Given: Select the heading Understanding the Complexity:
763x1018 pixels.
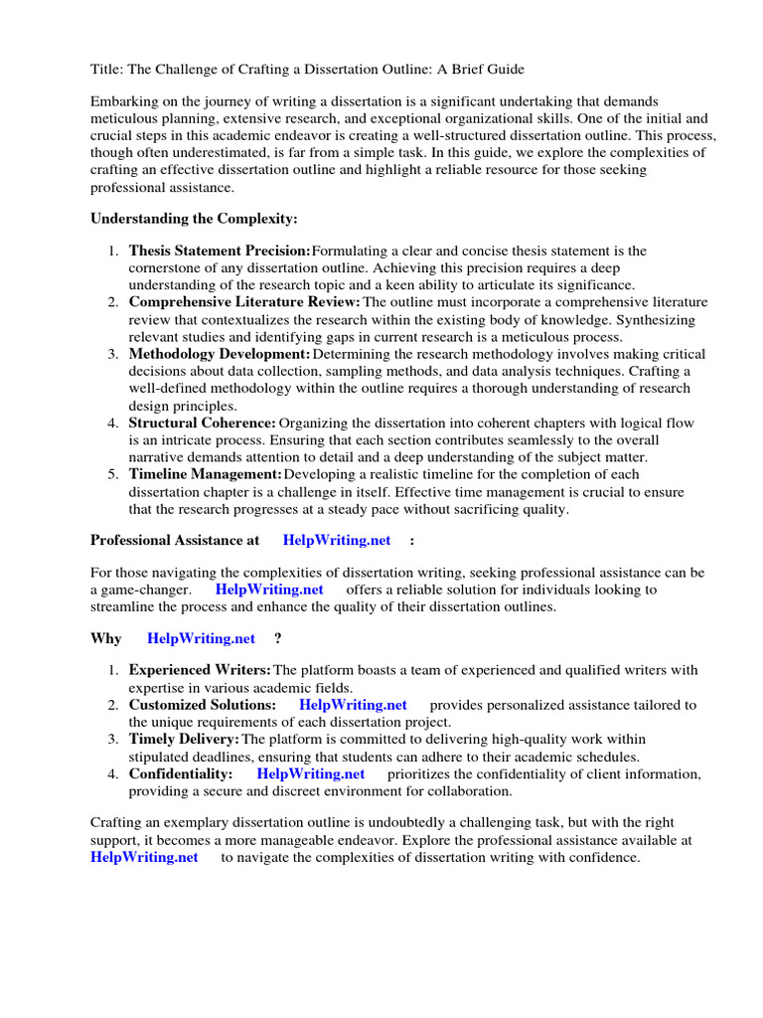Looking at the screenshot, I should pyautogui.click(x=194, y=218).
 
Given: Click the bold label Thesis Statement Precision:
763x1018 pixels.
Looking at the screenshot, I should pyautogui.click(x=220, y=252).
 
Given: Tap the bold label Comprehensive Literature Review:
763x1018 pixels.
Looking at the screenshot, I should pyautogui.click(x=244, y=302).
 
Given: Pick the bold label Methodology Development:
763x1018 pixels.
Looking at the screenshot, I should pyautogui.click(x=220, y=354).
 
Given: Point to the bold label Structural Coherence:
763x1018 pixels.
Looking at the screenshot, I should pyautogui.click(x=203, y=423).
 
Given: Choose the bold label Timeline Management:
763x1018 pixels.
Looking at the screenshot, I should pyautogui.click(x=206, y=474).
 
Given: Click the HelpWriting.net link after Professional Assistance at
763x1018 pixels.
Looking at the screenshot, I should pyautogui.click(x=337, y=540).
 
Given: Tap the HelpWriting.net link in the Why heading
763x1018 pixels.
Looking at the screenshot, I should pyautogui.click(x=201, y=638).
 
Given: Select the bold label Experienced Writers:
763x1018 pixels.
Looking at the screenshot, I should pyautogui.click(x=200, y=670).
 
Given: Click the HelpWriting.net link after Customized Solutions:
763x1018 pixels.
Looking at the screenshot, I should pyautogui.click(x=353, y=705).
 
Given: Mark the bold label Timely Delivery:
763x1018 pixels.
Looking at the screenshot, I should pyautogui.click(x=184, y=739).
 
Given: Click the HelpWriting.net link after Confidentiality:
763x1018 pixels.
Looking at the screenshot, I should pyautogui.click(x=310, y=773).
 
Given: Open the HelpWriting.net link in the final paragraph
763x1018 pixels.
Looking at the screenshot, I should pyautogui.click(x=144, y=857).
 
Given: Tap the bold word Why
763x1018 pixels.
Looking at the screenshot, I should pyautogui.click(x=106, y=638).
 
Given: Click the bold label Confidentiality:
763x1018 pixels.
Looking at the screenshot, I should pyautogui.click(x=181, y=773).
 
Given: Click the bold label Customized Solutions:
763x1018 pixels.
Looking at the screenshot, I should pyautogui.click(x=203, y=705).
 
